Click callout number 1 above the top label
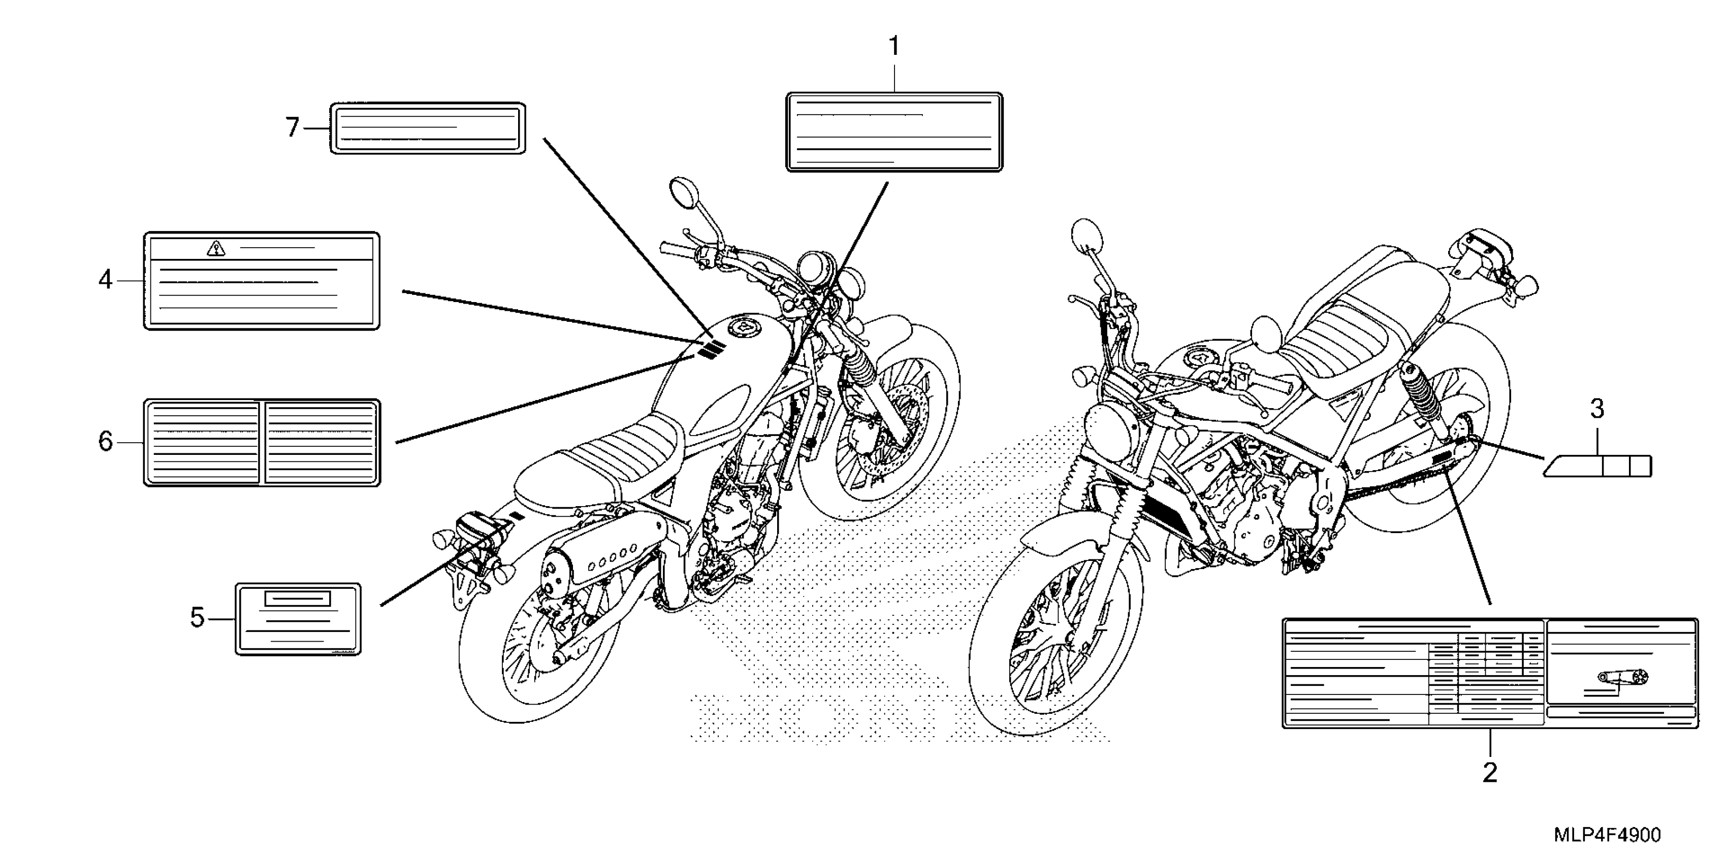tap(893, 47)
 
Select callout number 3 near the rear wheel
tap(1597, 409)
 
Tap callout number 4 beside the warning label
tap(105, 279)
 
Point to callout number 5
tap(197, 618)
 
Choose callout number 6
tap(105, 442)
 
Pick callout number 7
tap(292, 127)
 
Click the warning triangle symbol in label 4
tap(216, 249)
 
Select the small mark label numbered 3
tap(1597, 465)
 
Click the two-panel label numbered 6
tap(262, 443)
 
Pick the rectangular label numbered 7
tap(428, 128)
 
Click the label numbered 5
tap(298, 618)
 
